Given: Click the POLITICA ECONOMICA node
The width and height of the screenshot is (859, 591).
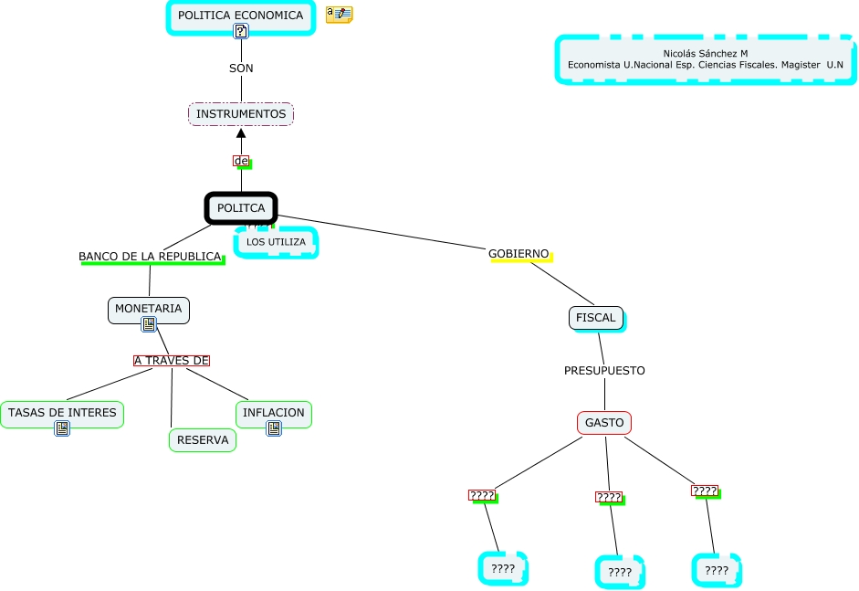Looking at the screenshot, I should point(240,16).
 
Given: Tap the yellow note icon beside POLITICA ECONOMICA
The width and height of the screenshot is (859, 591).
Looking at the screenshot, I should point(340,15).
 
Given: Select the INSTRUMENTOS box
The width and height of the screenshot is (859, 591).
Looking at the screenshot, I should point(241,114).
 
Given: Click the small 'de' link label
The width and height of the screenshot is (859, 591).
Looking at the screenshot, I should point(241,162).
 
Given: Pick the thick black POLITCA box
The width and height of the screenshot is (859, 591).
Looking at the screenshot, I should point(241,208).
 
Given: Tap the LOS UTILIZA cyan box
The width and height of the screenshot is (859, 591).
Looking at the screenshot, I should point(277,242).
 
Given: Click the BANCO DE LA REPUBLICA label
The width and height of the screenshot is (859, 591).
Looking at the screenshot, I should point(150,257).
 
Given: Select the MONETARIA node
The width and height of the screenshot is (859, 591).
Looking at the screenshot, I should point(149,309).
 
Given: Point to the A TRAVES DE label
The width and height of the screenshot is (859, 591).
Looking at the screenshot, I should point(172,361).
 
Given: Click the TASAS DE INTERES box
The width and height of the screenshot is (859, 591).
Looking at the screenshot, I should point(62,413).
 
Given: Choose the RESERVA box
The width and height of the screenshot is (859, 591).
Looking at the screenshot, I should point(203,440).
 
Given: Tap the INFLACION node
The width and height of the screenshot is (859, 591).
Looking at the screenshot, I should point(274,413).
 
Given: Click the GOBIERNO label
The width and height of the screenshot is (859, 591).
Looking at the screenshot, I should point(519,253).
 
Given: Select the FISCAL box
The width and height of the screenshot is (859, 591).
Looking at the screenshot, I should point(595,318).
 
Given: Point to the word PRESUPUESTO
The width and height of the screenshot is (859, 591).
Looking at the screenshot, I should point(604,371).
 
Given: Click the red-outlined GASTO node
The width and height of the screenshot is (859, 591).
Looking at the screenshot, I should point(604,423).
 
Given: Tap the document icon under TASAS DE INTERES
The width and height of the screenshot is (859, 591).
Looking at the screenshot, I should point(62,428).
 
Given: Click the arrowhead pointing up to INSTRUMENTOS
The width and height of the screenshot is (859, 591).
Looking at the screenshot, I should point(241,133).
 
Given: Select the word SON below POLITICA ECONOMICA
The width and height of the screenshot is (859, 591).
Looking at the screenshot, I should point(241,69).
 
